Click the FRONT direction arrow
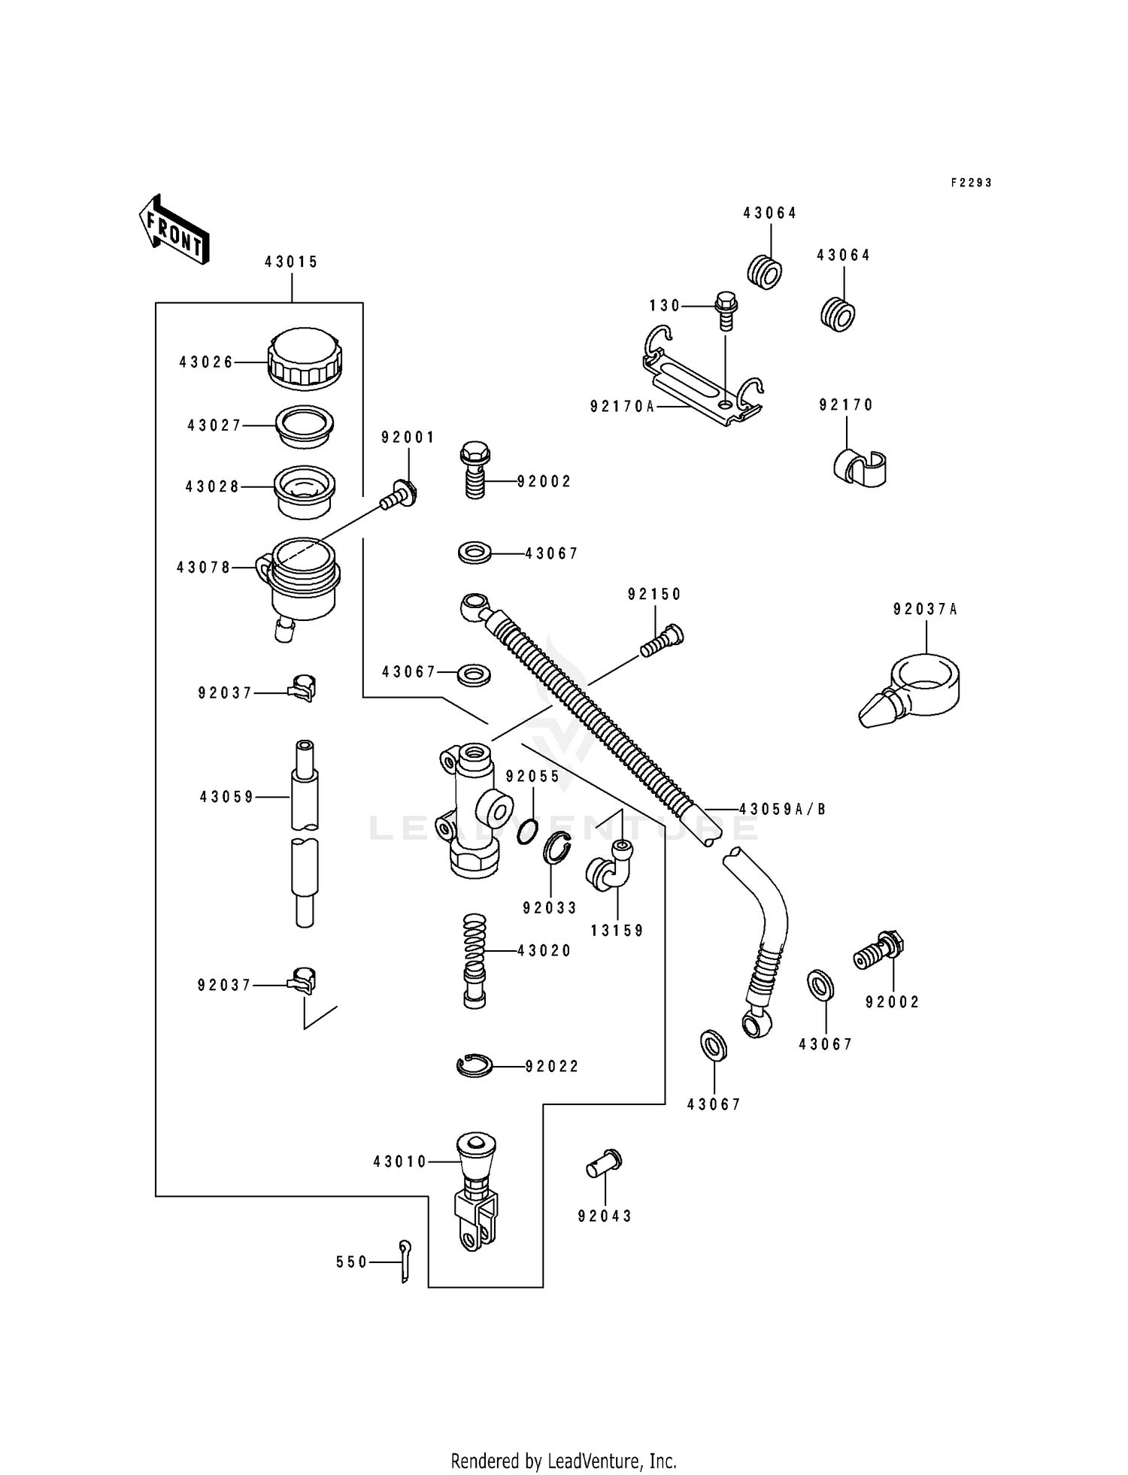pos(174,229)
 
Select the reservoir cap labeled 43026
pos(305,359)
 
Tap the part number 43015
pos(291,262)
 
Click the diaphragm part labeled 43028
pos(304,492)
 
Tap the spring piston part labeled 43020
pos(475,961)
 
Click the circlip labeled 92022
pos(475,1065)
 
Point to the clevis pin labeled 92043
pos(604,1165)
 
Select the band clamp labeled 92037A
pos(912,689)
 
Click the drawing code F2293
pos(971,183)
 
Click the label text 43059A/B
pos(782,809)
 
